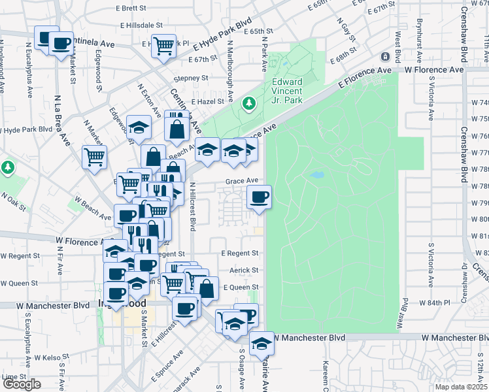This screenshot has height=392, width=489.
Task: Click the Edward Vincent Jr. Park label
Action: pyautogui.click(x=286, y=91)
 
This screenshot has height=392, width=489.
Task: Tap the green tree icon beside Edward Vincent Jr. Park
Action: pyautogui.click(x=249, y=103)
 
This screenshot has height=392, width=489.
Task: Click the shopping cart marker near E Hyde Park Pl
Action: pyautogui.click(x=163, y=45)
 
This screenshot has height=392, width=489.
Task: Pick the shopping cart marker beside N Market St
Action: pyautogui.click(x=94, y=157)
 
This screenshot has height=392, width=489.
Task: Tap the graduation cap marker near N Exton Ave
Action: pyautogui.click(x=139, y=127)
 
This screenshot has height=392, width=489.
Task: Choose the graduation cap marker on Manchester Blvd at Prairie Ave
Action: pyautogui.click(x=261, y=343)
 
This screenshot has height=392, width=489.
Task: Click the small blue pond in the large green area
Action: pyautogui.click(x=317, y=175)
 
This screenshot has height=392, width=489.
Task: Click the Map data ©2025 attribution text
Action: pyautogui.click(x=461, y=387)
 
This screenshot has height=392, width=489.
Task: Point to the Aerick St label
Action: pyautogui.click(x=243, y=270)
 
